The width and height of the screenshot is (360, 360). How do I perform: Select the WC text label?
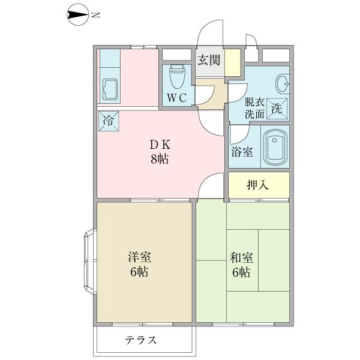(176, 98)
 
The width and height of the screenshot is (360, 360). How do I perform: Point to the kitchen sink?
(110, 88)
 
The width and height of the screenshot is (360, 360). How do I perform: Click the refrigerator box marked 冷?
(109, 120)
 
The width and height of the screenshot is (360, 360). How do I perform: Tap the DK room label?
(160, 145)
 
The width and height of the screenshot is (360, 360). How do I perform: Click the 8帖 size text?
(160, 160)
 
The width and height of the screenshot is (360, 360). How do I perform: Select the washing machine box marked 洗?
(277, 109)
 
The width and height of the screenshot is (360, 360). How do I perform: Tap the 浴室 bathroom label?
(242, 151)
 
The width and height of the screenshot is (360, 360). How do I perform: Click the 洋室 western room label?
(139, 257)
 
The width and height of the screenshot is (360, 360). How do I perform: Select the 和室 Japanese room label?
(241, 259)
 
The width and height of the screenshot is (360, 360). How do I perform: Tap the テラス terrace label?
(141, 340)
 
